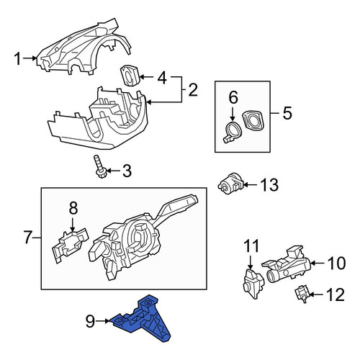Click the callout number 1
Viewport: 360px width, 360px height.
[x=18, y=59]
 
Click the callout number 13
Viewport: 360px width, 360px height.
[x=270, y=185]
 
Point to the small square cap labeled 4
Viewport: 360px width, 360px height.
[x=130, y=76]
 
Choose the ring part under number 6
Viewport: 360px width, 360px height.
[x=231, y=132]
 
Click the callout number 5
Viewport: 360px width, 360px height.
[x=287, y=113]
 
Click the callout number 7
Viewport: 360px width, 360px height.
[x=28, y=237]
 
